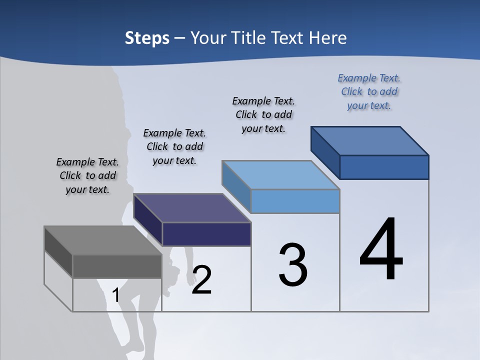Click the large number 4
click(x=381, y=250)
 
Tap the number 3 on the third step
click(x=293, y=265)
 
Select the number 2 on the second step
click(x=201, y=280)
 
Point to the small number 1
click(x=116, y=295)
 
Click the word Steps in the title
click(x=147, y=38)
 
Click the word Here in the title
click(x=328, y=38)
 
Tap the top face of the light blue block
click(x=281, y=175)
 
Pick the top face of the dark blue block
click(x=370, y=141)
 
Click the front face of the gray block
click(x=117, y=266)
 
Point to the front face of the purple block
click(x=206, y=234)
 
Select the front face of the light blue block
click(x=295, y=201)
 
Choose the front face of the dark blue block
click(x=384, y=167)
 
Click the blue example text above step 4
click(x=369, y=92)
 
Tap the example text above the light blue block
click(x=263, y=115)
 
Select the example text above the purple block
click(x=174, y=147)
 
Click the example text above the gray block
click(x=87, y=176)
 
